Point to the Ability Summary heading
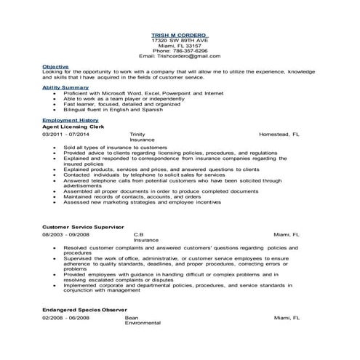pyautogui.click(x=65, y=87)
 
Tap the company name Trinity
pyautogui.click(x=137, y=135)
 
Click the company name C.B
pyautogui.click(x=138, y=235)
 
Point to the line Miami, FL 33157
pyautogui.click(x=179, y=44)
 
